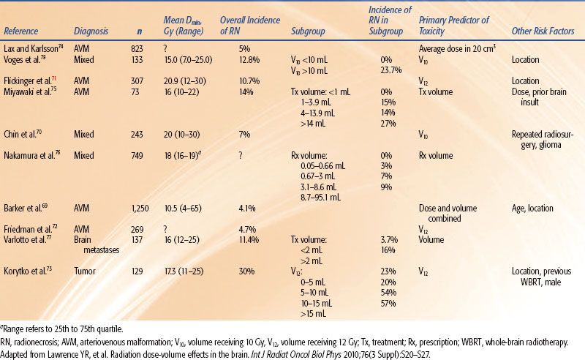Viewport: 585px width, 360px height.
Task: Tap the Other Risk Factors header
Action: pos(540,31)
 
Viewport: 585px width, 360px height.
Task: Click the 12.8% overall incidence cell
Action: pos(231,58)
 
